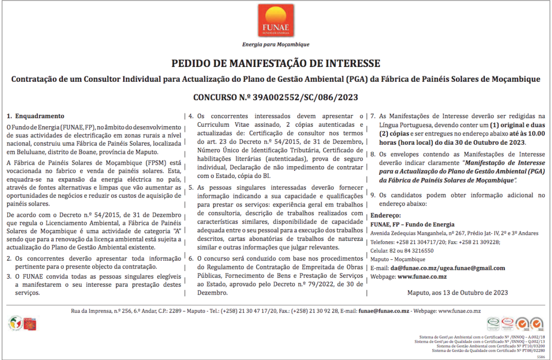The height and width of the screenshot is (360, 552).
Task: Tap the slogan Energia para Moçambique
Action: click(275, 44)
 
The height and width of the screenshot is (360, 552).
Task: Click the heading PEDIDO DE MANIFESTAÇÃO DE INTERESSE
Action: click(275, 64)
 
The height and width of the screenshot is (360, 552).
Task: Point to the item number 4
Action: click(191, 116)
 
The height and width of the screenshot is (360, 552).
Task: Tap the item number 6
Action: click(191, 259)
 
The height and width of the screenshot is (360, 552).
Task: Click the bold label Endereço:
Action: click(385, 216)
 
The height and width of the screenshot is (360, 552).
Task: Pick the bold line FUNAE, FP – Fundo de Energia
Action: click(412, 224)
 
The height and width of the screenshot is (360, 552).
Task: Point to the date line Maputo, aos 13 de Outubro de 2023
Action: click(457, 292)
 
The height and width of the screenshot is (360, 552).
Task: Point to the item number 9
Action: click(373, 195)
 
